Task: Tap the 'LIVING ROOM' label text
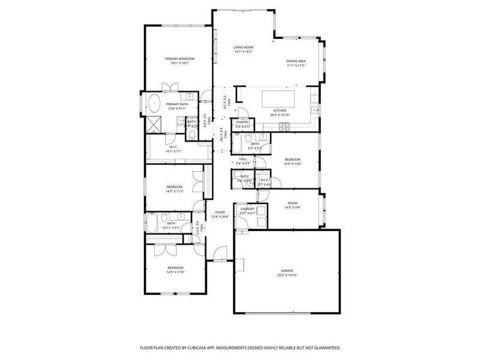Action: [x=243, y=47]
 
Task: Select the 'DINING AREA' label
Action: [x=296, y=61]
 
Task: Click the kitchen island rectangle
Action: [x=280, y=97]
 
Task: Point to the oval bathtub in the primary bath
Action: [x=154, y=104]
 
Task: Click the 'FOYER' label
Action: [x=220, y=212]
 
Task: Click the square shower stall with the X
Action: [x=154, y=124]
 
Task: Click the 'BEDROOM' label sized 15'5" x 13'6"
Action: [x=292, y=158]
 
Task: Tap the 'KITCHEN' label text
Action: [x=280, y=110]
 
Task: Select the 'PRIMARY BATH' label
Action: [x=177, y=104]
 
